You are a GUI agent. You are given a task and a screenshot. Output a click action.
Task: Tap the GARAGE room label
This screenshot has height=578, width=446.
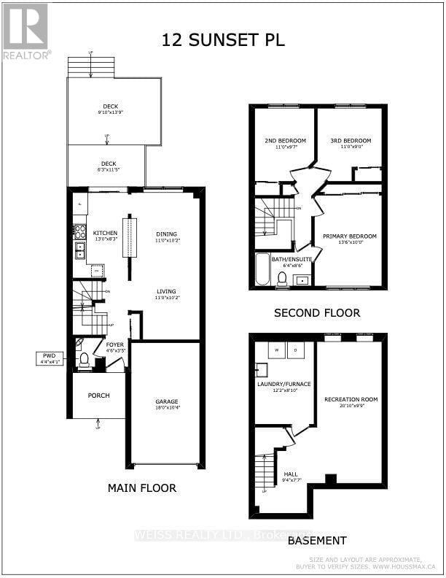[166, 402]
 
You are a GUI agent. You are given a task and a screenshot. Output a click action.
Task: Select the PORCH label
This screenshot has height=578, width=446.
[98, 396]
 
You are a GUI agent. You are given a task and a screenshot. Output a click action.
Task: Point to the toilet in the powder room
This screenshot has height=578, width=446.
[84, 359]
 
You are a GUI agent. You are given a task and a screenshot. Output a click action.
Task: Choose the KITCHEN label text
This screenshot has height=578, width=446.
[105, 233]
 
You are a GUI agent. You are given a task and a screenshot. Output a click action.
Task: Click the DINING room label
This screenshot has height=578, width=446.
[166, 233]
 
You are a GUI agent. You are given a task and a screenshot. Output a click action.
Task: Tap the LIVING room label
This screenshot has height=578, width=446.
[166, 291]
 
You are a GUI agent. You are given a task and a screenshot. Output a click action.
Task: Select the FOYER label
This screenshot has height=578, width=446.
[115, 344]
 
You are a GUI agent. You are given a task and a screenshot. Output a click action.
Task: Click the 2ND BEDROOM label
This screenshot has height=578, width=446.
[284, 141]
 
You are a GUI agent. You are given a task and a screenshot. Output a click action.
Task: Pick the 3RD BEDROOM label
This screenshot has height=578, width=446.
[351, 141]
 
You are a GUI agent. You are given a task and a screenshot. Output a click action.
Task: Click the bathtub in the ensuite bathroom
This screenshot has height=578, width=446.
[262, 270]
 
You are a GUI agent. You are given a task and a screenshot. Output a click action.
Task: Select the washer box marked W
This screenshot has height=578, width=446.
[276, 350]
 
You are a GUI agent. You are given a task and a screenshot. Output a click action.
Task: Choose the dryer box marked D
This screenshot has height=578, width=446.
[296, 350]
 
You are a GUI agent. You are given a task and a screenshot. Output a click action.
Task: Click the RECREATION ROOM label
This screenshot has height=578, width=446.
[351, 399]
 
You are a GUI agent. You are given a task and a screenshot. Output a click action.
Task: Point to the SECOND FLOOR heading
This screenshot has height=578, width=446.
[317, 313]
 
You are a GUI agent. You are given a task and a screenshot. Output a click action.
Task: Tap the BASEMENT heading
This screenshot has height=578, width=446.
[316, 541]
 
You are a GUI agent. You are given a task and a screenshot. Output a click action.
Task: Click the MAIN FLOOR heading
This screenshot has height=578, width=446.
[141, 488]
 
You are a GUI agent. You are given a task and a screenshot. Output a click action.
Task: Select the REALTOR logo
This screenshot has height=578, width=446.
[26, 31]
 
